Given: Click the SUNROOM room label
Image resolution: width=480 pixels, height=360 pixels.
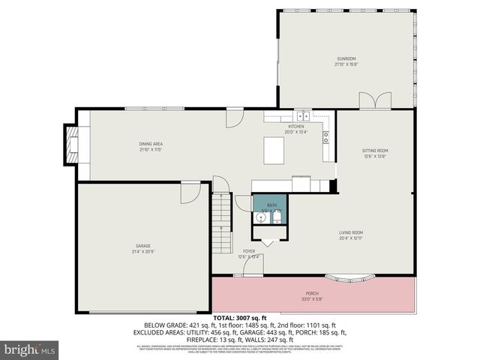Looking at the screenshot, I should tap(346, 58).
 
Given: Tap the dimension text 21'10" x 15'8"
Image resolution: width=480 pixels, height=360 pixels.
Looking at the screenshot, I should tap(346, 64).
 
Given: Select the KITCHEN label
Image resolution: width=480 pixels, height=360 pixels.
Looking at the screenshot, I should tap(296, 127).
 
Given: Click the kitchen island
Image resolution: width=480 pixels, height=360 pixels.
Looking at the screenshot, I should tap(273, 150).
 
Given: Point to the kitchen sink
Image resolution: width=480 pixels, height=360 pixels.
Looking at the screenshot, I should tap(301, 116).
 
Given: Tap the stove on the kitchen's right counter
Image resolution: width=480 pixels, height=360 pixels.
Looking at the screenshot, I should tap(326, 136).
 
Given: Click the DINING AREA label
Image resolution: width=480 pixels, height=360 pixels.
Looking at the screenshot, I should tap(151, 144).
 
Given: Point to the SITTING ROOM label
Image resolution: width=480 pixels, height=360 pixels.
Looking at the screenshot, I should tap(375, 151).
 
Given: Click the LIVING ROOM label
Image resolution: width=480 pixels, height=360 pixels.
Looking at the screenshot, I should tap(351, 232).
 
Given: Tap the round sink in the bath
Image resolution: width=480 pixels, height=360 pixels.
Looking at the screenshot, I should tap(259, 217).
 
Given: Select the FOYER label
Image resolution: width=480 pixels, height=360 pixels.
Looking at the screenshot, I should tap(249, 251).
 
